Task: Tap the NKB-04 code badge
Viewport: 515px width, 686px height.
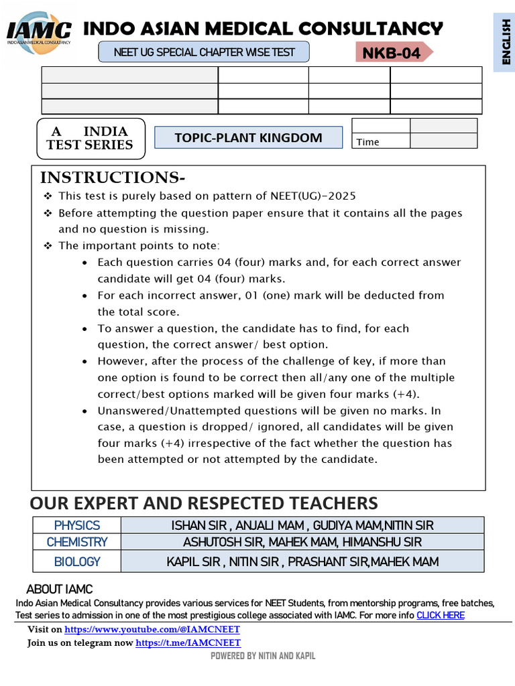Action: [x=392, y=53]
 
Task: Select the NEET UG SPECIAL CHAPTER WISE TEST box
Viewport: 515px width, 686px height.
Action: [x=205, y=52]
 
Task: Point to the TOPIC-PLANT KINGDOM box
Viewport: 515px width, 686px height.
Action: [x=248, y=138]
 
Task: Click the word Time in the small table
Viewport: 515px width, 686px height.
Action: [x=367, y=142]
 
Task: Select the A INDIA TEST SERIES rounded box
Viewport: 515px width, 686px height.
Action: [x=90, y=138]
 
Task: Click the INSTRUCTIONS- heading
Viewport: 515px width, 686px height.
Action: [x=112, y=178]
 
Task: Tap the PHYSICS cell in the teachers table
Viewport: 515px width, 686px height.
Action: [x=77, y=525]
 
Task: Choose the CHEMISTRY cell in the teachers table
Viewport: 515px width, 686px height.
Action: [x=77, y=542]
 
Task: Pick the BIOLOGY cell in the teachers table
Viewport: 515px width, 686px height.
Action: [x=77, y=561]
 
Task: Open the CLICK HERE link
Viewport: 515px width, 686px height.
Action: [x=441, y=615]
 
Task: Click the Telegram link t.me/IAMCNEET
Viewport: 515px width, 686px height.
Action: [x=188, y=643]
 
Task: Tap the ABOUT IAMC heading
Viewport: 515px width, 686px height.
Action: [x=59, y=590]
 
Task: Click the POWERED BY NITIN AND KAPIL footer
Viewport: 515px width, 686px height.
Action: [x=263, y=656]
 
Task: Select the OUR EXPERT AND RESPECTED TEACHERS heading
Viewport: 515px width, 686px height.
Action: [x=204, y=503]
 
